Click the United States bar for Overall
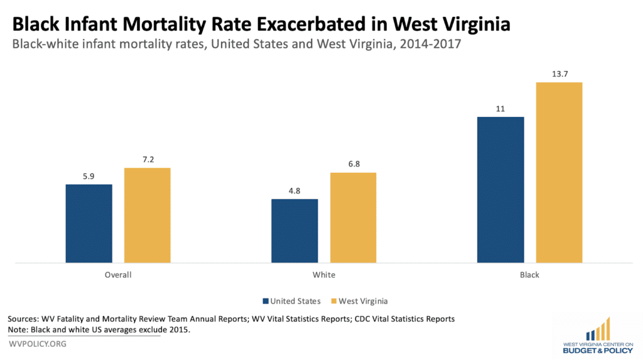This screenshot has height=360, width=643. pos(89,223)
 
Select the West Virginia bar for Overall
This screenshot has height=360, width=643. pos(147,215)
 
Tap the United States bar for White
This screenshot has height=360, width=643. pos(294,231)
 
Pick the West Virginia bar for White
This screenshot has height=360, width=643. pos(353,217)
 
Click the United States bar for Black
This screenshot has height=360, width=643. pos(500,189)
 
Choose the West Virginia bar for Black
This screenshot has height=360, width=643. pos(559,172)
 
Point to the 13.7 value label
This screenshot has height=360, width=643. pos(559,74)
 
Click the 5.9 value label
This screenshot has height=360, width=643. pos(89,177)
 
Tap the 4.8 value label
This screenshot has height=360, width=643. pos(294,192)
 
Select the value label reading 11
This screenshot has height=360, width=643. pos(500,109)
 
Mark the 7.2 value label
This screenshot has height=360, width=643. pos(147,160)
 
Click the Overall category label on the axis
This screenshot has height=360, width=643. pos(118,275)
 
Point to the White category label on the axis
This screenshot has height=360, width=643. pos(323,275)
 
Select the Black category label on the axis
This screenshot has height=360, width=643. pos(529,275)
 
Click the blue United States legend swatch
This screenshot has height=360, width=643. pos(266,300)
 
